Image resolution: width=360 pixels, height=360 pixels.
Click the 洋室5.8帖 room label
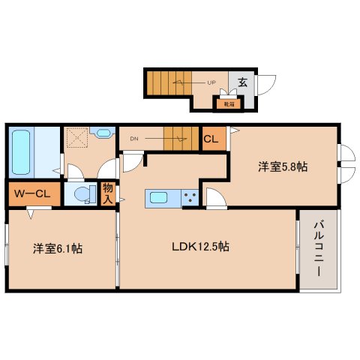[x=281, y=167]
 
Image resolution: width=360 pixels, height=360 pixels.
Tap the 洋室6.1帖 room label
[x=57, y=248]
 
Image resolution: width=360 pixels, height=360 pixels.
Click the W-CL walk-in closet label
[x=31, y=194]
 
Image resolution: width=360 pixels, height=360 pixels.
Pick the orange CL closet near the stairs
[x=212, y=139]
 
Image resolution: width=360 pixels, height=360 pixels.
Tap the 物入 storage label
[x=108, y=194]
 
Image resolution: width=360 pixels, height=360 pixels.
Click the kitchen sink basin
[x=158, y=198]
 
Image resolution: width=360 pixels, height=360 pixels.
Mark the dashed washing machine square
[x=75, y=138]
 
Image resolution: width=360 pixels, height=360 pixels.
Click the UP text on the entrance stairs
[x=213, y=82]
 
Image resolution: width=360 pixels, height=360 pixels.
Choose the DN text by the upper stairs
[x=133, y=138]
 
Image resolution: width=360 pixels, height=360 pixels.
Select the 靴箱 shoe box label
[x=226, y=103]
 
